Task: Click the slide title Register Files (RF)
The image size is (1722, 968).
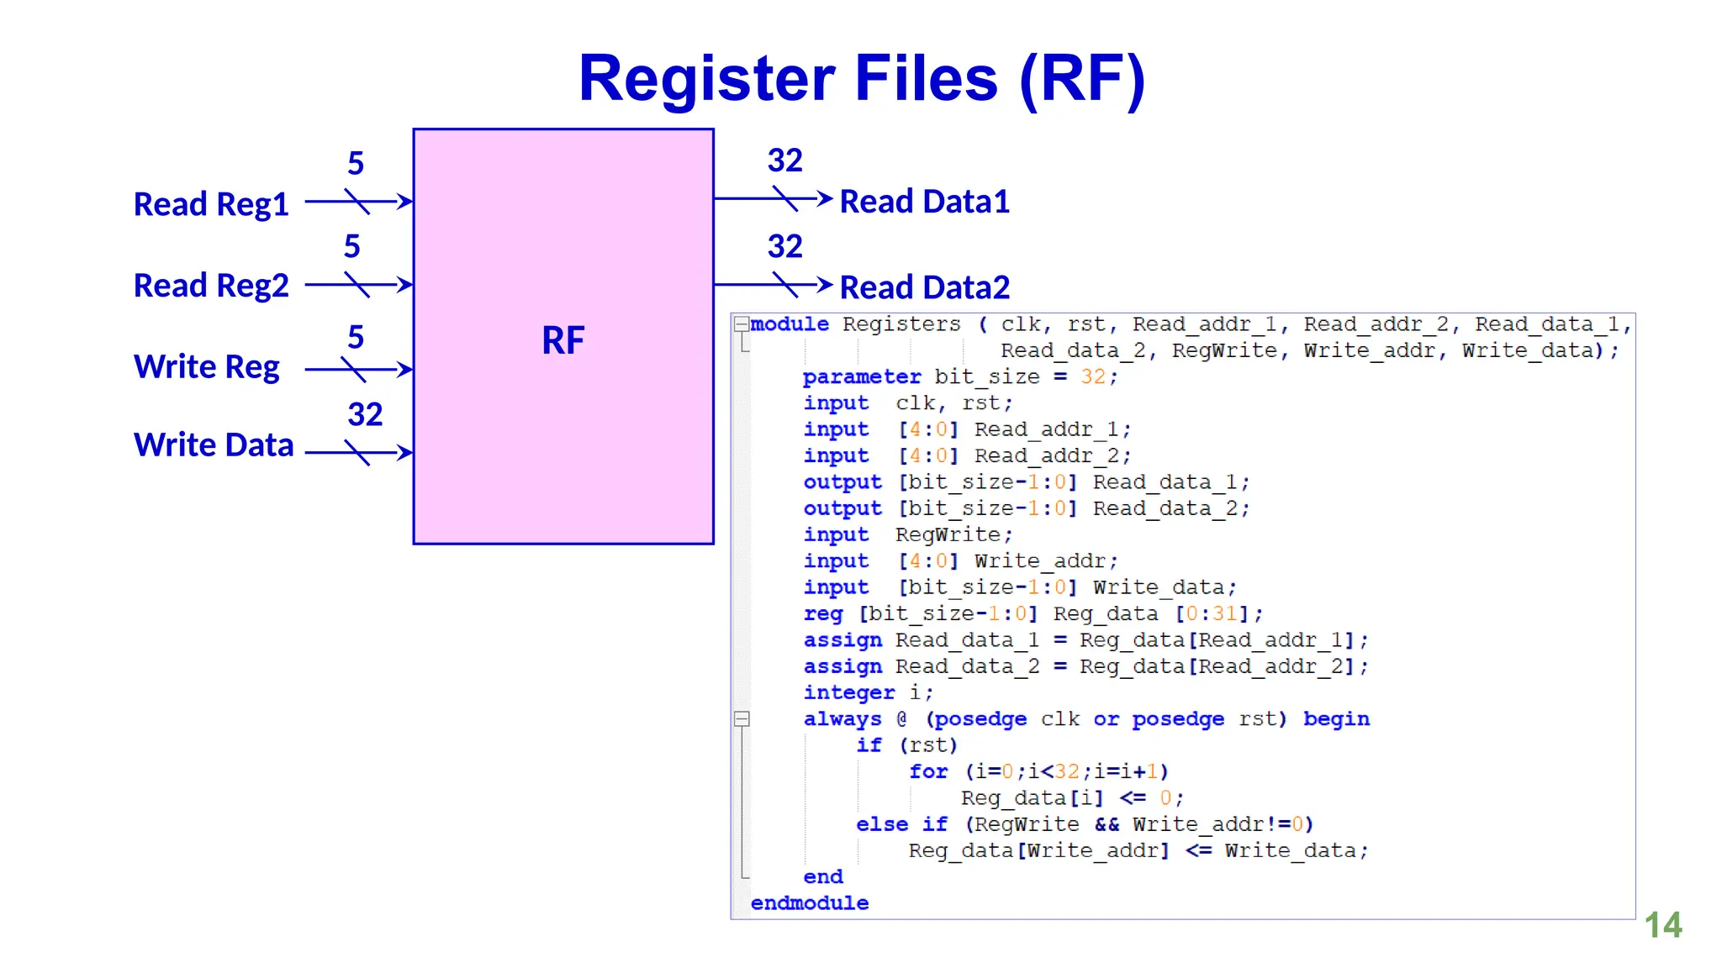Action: click(x=861, y=78)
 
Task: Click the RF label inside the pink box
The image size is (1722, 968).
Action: click(x=563, y=340)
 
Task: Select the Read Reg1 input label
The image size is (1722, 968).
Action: click(x=211, y=204)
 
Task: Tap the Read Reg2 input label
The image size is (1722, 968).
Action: click(x=211, y=286)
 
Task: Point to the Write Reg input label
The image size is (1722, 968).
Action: click(x=207, y=367)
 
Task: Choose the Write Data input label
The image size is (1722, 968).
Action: click(x=214, y=445)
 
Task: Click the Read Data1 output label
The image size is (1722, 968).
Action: click(x=924, y=202)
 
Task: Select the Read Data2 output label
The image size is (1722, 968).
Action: click(x=924, y=287)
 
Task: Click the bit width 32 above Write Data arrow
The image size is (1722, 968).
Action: click(x=365, y=414)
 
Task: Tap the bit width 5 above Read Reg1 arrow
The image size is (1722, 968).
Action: click(x=356, y=163)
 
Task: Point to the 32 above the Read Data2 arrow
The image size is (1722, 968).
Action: click(x=784, y=246)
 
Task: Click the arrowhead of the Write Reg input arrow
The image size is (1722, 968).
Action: click(x=405, y=369)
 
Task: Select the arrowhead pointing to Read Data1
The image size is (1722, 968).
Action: click(x=825, y=199)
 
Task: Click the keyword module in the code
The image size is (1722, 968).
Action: click(x=790, y=324)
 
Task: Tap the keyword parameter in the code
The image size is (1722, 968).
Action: click(x=861, y=377)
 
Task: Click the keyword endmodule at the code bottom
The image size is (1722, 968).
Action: click(x=809, y=903)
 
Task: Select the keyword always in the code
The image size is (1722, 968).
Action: click(x=842, y=719)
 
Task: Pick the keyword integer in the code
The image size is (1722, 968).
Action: click(x=848, y=693)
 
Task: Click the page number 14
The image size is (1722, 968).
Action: click(x=1662, y=925)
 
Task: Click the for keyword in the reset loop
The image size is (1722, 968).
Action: click(x=928, y=771)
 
